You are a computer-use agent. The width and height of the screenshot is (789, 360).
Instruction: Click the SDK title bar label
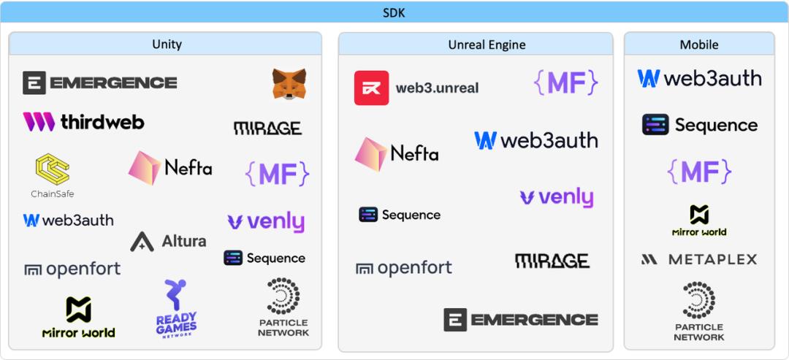(394, 12)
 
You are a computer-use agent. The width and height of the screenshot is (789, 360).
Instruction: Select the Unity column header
(167, 45)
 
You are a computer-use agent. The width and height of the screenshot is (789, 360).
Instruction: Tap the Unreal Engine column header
(487, 45)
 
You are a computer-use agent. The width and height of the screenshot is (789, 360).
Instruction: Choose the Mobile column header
(699, 45)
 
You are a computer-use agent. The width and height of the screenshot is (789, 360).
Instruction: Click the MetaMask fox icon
(289, 84)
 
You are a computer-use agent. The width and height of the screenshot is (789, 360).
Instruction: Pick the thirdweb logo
(83, 122)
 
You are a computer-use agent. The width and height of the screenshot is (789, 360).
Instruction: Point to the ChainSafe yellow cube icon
(53, 169)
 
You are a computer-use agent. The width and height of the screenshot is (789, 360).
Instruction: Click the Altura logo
(168, 242)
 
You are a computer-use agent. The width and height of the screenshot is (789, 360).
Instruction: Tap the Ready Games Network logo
(176, 308)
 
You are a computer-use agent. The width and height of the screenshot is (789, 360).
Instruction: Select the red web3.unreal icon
(371, 88)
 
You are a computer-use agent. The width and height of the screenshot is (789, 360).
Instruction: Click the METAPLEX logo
(699, 259)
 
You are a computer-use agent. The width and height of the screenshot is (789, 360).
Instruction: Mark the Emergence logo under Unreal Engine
(521, 320)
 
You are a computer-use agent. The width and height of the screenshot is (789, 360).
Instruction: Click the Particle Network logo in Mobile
(699, 312)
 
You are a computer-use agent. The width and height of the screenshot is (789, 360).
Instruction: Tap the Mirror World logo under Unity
(78, 317)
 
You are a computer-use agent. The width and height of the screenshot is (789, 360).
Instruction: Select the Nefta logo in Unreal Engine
(397, 154)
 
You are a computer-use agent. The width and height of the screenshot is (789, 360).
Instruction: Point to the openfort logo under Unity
(72, 269)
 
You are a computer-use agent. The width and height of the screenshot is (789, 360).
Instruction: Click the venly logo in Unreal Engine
(557, 197)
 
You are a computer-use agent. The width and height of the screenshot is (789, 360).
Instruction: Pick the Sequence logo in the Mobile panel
(700, 125)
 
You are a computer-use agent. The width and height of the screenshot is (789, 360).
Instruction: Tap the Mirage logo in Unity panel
(267, 129)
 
